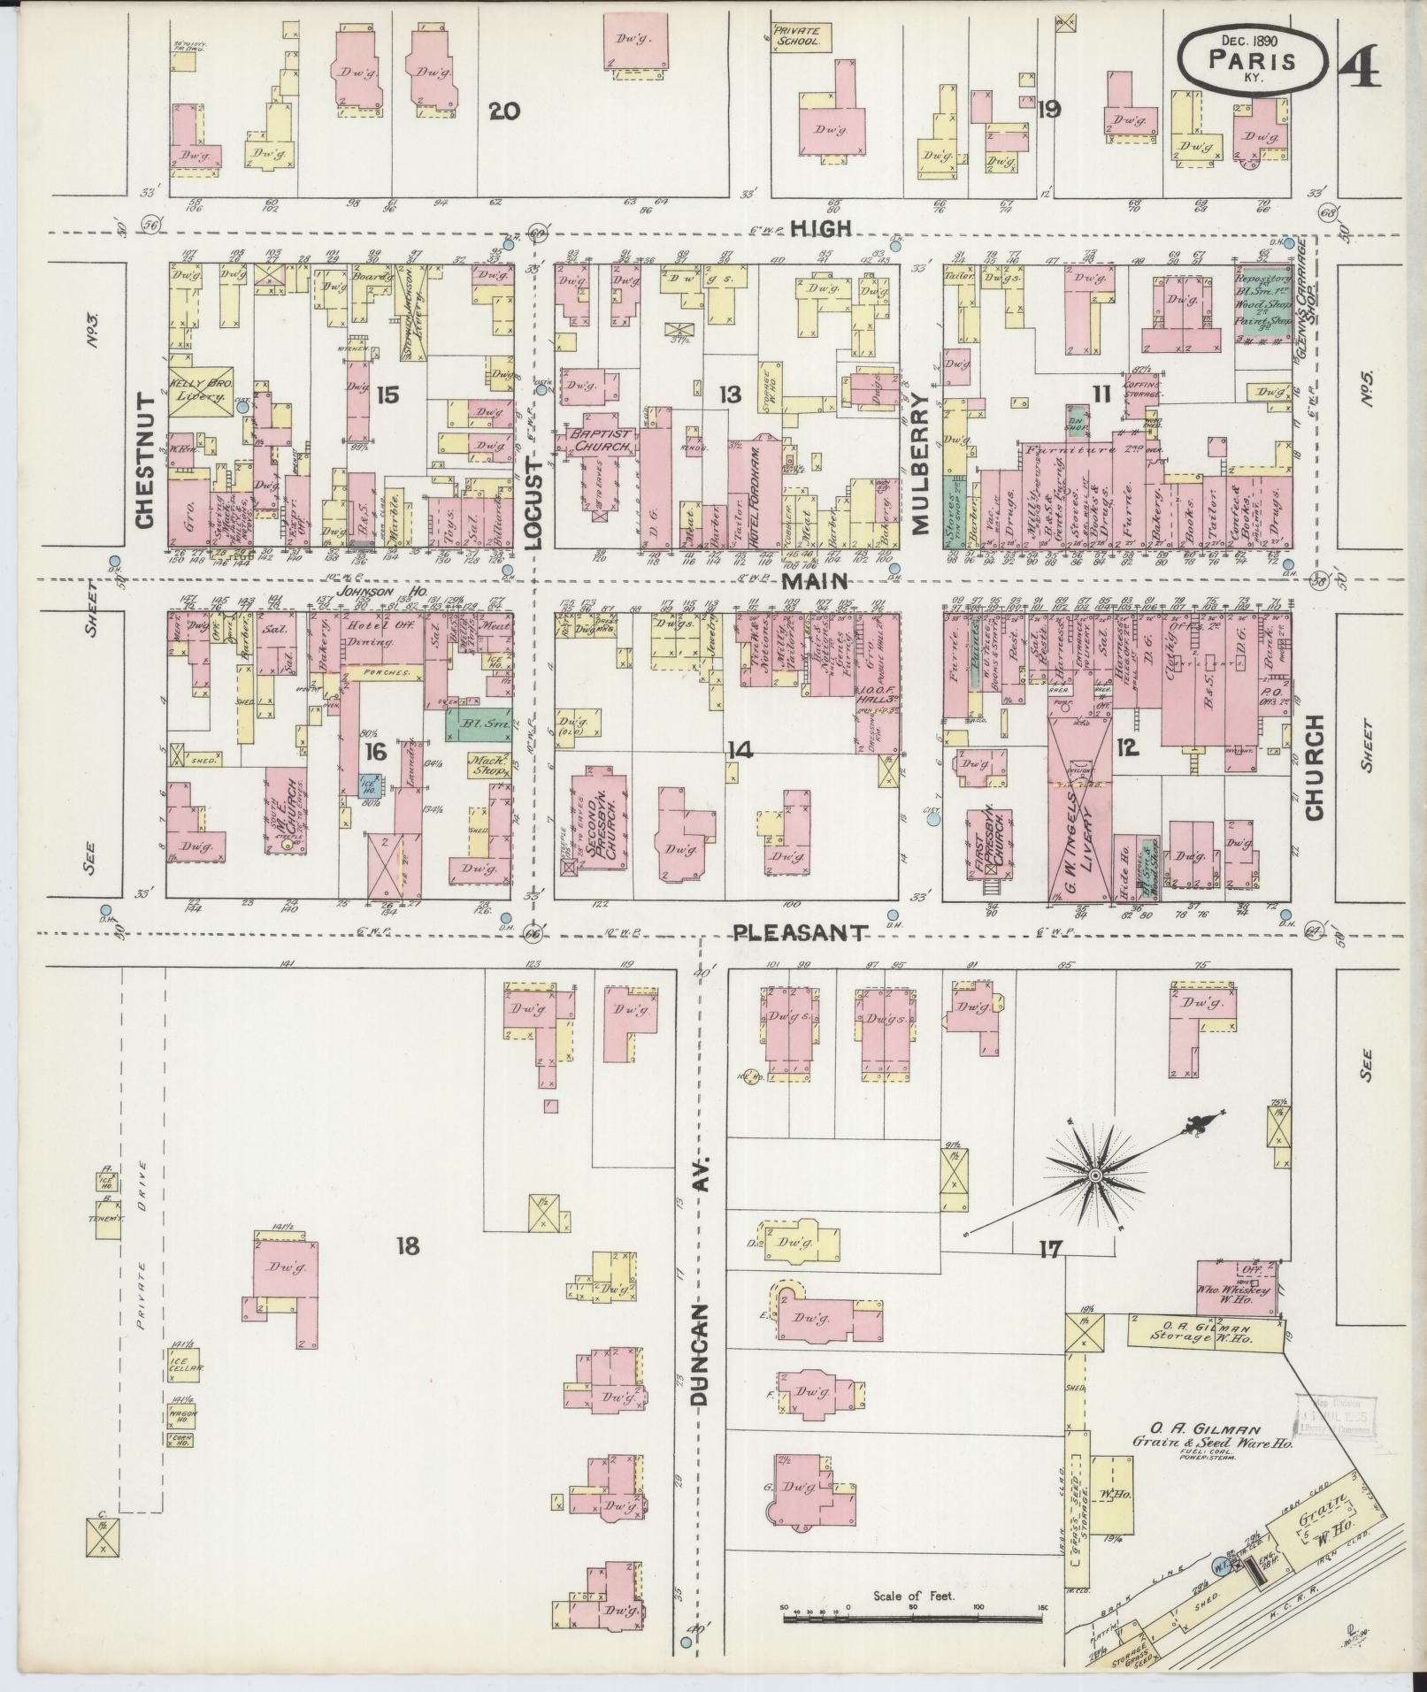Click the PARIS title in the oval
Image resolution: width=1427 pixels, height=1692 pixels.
click(1253, 60)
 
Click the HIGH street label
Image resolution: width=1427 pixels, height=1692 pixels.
click(821, 228)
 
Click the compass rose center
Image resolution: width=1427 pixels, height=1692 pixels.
click(1094, 1175)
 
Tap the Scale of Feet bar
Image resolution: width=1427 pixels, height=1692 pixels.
click(911, 1618)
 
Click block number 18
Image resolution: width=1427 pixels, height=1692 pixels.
click(407, 1247)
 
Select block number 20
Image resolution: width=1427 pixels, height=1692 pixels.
click(504, 111)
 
